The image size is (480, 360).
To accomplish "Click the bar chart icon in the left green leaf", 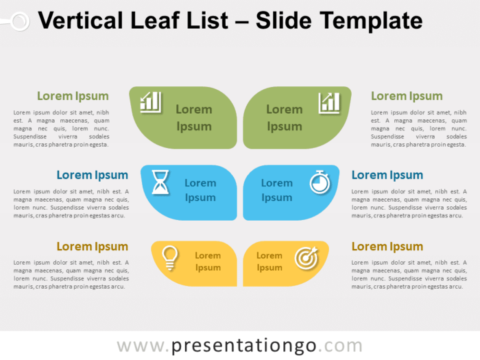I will tap(151, 102).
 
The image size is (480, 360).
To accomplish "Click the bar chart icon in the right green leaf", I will tap(329, 103).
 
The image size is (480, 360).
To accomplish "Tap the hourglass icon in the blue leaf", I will tap(160, 183).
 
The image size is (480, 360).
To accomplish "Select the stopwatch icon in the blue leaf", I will tap(320, 182).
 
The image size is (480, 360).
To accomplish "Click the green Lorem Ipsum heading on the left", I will tap(73, 96).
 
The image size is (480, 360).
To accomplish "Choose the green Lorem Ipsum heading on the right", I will tap(407, 96).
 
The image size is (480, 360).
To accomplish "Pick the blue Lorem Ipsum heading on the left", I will tap(92, 175).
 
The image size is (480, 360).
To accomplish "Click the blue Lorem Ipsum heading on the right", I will tap(387, 175).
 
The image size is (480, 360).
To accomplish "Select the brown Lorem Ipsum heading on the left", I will tap(92, 247).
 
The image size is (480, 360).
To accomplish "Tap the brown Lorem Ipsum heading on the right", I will tap(387, 247).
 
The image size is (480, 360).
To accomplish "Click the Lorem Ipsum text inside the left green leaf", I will tap(194, 117).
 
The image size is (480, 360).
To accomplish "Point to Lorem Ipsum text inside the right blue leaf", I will tap(277, 190).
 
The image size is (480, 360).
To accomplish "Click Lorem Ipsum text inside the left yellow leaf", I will tap(208, 261).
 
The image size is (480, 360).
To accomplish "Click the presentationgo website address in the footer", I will tap(239, 345).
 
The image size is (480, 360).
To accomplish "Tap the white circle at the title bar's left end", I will tap(20, 21).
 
